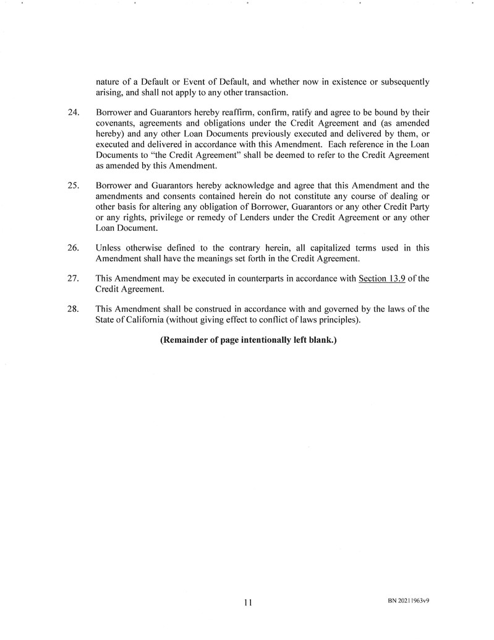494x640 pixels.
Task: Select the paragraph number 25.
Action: pos(72,186)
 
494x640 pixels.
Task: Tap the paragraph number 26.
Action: pos(72,248)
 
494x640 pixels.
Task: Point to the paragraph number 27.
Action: pos(72,279)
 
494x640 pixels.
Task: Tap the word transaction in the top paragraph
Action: pos(263,93)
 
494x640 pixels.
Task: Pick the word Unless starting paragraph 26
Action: pos(109,248)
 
